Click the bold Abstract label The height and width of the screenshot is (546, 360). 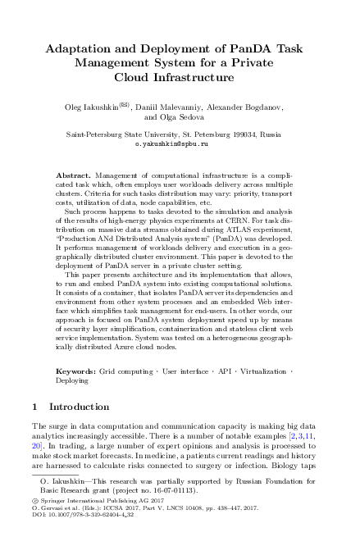coord(75,175)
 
